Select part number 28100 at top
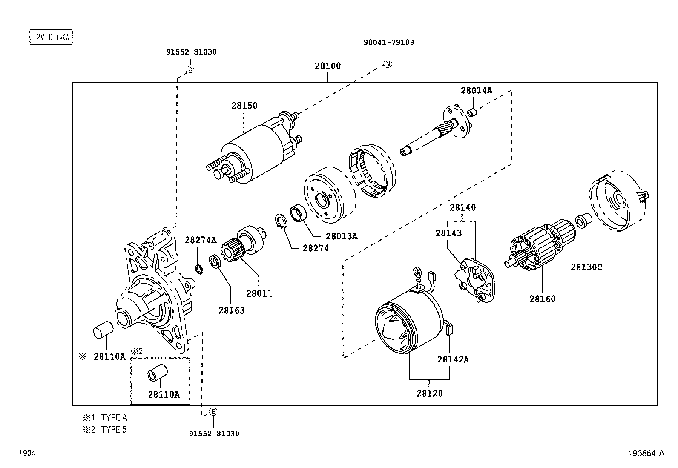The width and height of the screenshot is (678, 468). [x=328, y=66]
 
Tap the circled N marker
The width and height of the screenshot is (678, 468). [x=388, y=63]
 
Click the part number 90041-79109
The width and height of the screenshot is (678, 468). [x=389, y=43]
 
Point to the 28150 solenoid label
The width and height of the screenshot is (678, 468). [x=244, y=106]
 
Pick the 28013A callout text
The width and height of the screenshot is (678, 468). [x=341, y=236]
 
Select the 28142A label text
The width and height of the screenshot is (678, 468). [x=453, y=359]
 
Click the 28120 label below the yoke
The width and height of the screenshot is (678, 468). [x=429, y=393]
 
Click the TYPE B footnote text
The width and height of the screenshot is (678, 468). [x=114, y=430]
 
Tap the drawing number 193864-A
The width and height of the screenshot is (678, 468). [x=645, y=454]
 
